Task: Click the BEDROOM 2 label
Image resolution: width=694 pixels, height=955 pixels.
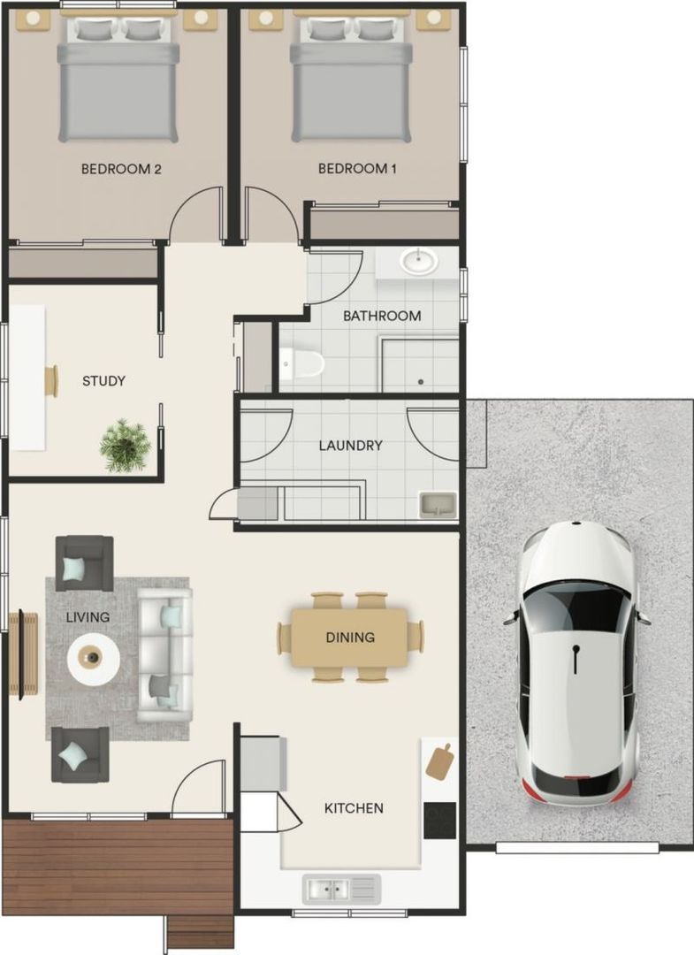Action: [121, 169]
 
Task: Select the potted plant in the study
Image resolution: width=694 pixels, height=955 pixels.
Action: [125, 444]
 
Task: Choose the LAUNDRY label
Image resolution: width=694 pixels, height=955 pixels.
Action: [351, 446]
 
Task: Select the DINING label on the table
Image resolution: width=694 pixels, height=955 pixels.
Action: [350, 637]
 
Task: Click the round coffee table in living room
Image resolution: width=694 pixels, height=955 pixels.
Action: [94, 658]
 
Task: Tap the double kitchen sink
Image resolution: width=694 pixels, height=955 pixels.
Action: [341, 888]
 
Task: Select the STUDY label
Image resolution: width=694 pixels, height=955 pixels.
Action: [103, 381]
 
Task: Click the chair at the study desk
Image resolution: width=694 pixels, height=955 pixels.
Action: [52, 381]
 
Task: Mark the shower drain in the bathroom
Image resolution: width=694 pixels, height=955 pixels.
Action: [421, 381]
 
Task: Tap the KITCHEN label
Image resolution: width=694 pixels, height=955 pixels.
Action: [354, 808]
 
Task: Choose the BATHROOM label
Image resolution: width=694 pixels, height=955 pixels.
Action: [382, 316]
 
